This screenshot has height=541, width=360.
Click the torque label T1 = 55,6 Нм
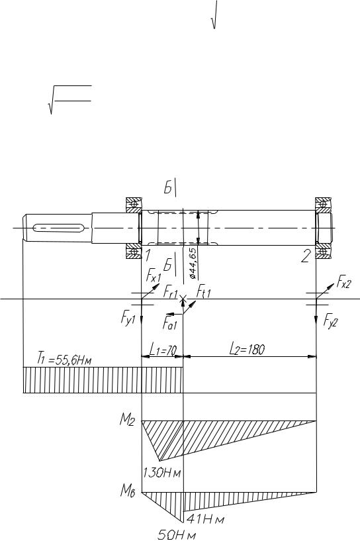tap(64, 359)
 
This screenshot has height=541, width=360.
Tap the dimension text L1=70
tap(163, 350)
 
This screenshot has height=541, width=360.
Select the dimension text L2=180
tap(247, 350)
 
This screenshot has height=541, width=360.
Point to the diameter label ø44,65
tap(193, 263)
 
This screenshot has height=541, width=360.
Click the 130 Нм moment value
tap(162, 472)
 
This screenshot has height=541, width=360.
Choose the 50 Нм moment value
tap(177, 535)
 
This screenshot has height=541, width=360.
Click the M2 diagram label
tap(127, 420)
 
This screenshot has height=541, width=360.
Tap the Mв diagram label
tap(127, 491)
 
